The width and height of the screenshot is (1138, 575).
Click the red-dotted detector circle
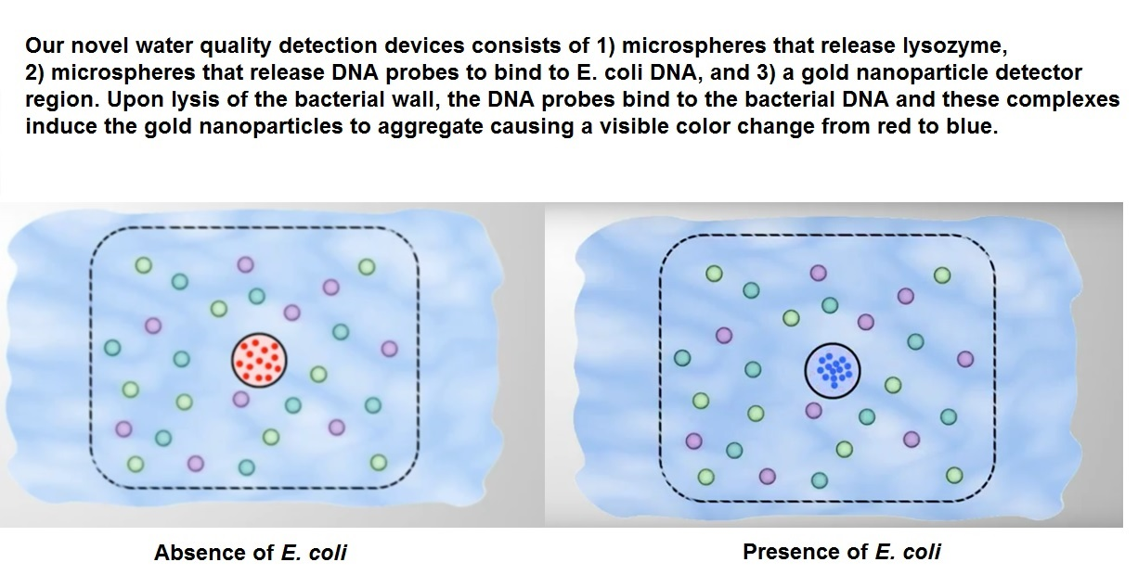[259, 361]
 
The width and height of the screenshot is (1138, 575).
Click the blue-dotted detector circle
[833, 370]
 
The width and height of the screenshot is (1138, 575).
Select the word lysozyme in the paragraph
[954, 46]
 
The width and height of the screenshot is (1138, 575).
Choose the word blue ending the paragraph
[972, 126]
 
